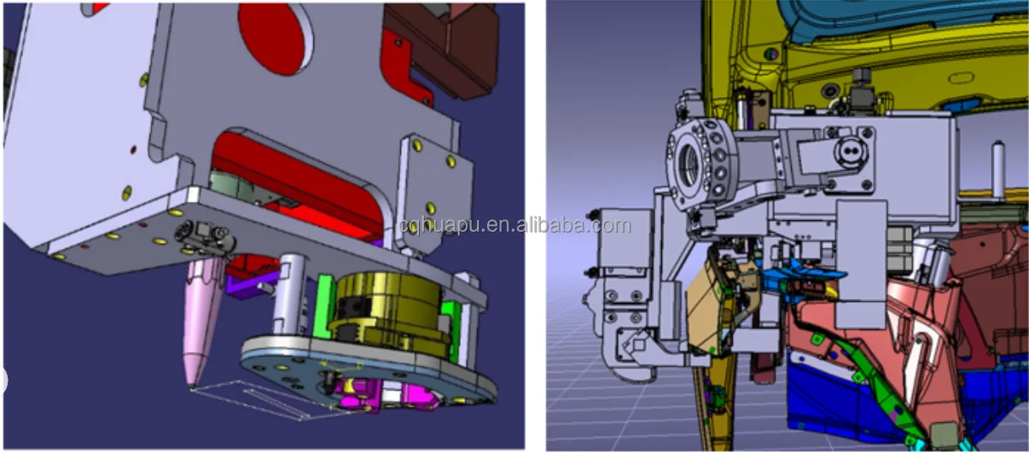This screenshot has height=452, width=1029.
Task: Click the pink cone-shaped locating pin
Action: (202, 322)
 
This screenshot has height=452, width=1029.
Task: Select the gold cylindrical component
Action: (391, 312)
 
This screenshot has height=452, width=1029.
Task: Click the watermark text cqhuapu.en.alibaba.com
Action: (514, 225)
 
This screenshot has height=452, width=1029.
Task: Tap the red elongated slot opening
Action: (299, 183)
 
